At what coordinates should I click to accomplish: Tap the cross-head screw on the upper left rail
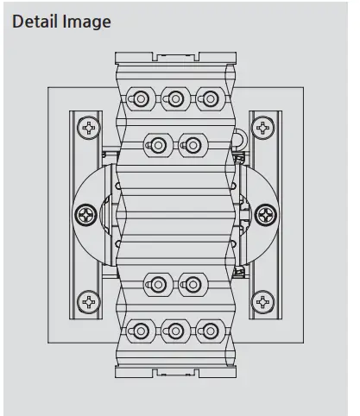[x=89, y=129]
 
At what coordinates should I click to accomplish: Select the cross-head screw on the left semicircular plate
[x=85, y=212]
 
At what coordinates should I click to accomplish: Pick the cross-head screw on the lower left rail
[x=89, y=301]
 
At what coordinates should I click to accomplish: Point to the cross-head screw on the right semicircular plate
[x=267, y=212]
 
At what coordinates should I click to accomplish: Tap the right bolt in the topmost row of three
[x=207, y=98]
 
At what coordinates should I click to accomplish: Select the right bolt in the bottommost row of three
[x=207, y=329]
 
